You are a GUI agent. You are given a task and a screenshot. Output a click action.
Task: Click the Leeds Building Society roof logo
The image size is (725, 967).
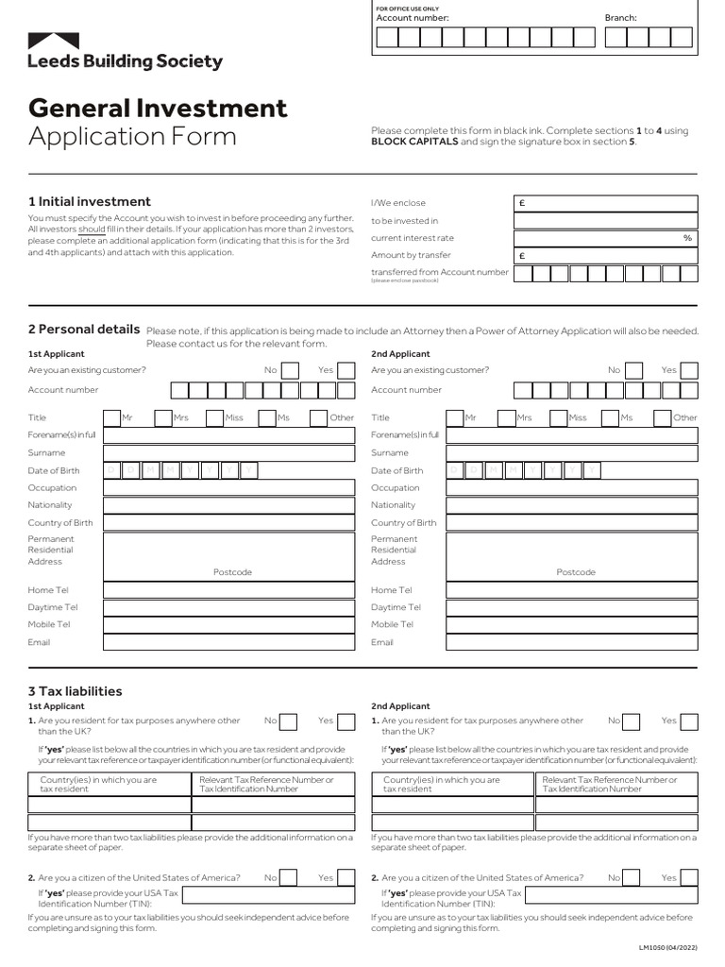pyautogui.click(x=54, y=42)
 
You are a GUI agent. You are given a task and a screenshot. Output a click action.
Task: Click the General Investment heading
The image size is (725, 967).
pyautogui.click(x=158, y=108)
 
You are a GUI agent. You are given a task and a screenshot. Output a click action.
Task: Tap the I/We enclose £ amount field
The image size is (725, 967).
pyautogui.click(x=605, y=203)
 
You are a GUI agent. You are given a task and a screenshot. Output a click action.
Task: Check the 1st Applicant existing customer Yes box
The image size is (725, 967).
pyautogui.click(x=346, y=370)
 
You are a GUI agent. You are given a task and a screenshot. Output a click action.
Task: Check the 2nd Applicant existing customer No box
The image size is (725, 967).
pyautogui.click(x=634, y=370)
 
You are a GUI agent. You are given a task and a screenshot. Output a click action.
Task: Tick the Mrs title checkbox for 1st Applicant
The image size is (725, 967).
pyautogui.click(x=162, y=417)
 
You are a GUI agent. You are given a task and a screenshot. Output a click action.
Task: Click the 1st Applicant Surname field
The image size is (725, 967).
pyautogui.click(x=228, y=453)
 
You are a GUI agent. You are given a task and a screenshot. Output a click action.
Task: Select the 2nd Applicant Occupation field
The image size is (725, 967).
pyautogui.click(x=572, y=488)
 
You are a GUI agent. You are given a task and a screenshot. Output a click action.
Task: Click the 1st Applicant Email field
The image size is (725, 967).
pyautogui.click(x=228, y=642)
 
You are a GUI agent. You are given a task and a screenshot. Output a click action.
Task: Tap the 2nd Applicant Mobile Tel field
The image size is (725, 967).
pyautogui.click(x=572, y=624)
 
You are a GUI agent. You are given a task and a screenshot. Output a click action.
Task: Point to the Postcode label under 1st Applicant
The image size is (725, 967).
pyautogui.click(x=232, y=572)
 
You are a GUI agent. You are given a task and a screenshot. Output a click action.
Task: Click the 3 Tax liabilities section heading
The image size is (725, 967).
pyautogui.click(x=76, y=691)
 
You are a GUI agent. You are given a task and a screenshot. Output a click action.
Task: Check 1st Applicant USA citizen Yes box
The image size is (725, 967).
pyautogui.click(x=346, y=878)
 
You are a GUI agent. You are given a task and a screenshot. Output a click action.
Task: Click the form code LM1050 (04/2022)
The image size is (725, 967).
pyautogui.click(x=667, y=946)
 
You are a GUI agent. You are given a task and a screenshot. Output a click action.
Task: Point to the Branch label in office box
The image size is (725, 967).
pyautogui.click(x=620, y=18)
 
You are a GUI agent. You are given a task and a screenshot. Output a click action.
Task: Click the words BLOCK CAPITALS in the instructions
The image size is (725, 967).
pyautogui.click(x=414, y=142)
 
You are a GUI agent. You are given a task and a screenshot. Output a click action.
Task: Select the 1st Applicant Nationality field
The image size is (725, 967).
pyautogui.click(x=228, y=505)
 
